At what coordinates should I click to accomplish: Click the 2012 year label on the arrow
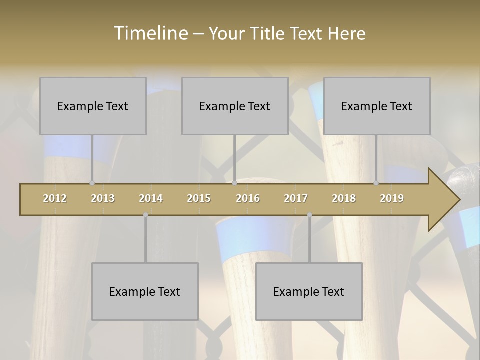pos(55,198)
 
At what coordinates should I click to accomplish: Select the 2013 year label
pos(103,198)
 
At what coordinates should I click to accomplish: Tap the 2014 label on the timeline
pos(151,198)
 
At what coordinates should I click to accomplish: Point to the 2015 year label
pos(199,198)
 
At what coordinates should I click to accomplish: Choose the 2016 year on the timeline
pos(248,198)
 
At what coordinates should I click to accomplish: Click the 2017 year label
pos(296,198)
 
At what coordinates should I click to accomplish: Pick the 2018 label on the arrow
pos(344,198)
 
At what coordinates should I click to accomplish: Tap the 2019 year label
pos(392,198)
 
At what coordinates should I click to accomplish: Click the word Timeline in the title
pos(150,33)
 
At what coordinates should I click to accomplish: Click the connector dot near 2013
pos(92,183)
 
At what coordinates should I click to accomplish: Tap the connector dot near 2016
pos(234,183)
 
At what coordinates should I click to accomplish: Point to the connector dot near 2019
pos(376,183)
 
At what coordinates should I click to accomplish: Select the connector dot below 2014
pos(145,215)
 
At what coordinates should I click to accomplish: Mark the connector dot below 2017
pos(309,215)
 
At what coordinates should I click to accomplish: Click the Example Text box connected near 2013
pos(93,106)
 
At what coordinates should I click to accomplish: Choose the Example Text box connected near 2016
pos(235,106)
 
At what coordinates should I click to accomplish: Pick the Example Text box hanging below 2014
pos(145,291)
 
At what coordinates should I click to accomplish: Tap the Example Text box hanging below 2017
pos(309,291)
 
